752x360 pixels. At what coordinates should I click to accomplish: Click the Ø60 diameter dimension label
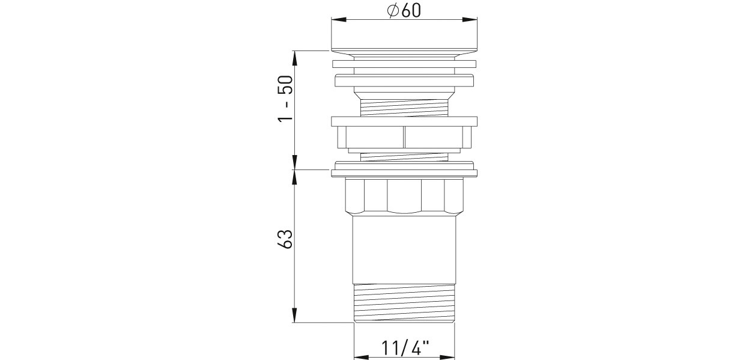[404, 10]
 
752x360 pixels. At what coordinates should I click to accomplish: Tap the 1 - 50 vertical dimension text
[286, 99]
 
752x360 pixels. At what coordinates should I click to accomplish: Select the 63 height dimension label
[286, 239]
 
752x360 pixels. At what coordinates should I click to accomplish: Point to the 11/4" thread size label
[405, 348]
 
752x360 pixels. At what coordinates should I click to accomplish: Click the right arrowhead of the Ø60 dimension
[470, 20]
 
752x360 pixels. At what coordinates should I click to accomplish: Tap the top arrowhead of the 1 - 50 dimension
[294, 58]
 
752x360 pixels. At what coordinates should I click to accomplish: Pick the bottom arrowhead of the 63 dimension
[294, 315]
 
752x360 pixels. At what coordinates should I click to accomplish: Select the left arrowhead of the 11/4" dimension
[362, 357]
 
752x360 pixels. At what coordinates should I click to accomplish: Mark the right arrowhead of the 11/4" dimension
[447, 357]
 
